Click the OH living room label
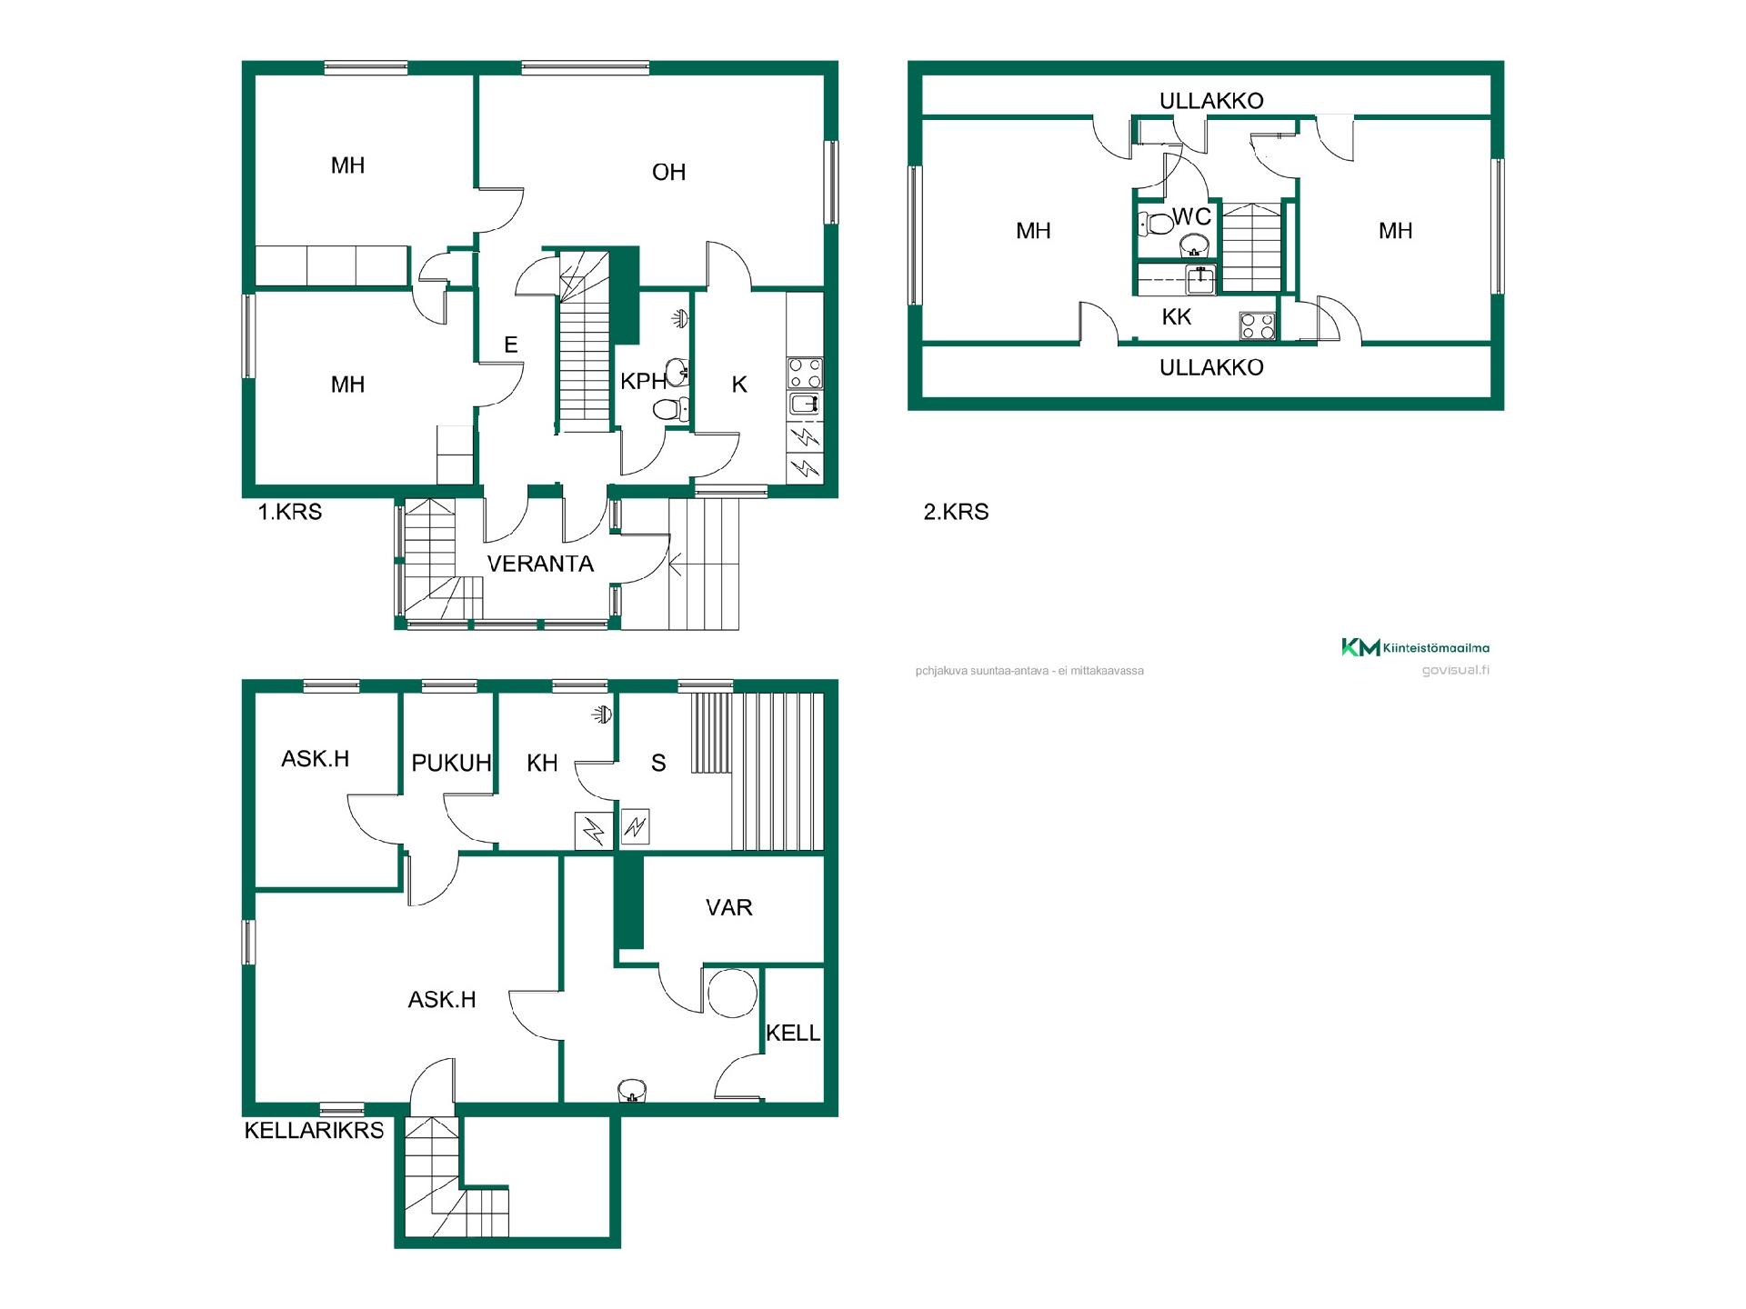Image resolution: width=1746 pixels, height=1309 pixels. [668, 172]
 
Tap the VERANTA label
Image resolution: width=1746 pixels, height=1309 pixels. [540, 564]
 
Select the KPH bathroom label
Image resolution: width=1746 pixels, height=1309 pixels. [644, 382]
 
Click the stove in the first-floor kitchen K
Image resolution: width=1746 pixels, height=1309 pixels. [805, 374]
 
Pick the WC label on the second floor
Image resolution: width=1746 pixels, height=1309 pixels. [1192, 216]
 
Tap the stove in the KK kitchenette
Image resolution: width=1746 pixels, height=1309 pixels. [1258, 325]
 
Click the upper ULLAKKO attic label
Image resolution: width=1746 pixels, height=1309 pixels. [1211, 101]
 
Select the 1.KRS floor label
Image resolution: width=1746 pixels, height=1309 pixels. [290, 512]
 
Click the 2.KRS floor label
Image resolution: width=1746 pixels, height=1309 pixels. [956, 512]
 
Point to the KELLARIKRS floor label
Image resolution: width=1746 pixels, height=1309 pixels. [314, 1130]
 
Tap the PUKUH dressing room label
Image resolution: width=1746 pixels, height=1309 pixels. [451, 763]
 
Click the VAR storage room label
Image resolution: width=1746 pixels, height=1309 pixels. [729, 907]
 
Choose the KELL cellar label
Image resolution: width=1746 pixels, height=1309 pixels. [793, 1033]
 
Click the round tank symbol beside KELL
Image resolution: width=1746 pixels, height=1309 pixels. [732, 994]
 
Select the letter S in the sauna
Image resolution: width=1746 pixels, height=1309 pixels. [658, 763]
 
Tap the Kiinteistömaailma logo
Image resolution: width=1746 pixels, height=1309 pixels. [1415, 647]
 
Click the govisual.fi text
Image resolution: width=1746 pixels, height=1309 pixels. [1455, 671]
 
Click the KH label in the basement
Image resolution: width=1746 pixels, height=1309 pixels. [542, 763]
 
